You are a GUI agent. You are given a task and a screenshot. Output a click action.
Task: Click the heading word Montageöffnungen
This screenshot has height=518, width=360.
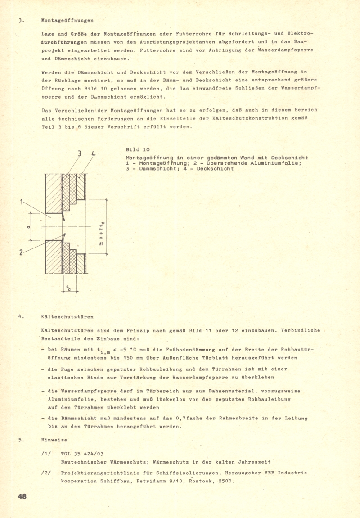[x=67, y=20]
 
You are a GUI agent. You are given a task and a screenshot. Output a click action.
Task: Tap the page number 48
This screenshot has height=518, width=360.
[x=22, y=496]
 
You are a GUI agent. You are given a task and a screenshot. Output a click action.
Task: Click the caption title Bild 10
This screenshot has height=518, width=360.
[x=138, y=149]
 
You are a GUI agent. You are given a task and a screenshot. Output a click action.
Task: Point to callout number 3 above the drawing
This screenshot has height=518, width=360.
[x=79, y=154]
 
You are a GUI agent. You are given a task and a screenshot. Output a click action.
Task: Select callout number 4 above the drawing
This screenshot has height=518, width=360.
[x=94, y=154]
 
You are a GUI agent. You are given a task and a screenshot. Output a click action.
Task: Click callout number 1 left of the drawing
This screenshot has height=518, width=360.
[x=21, y=203]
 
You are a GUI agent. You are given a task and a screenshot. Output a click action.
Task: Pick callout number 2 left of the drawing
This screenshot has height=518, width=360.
[x=21, y=252]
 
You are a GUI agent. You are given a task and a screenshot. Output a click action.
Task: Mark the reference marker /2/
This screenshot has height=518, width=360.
[x=46, y=473]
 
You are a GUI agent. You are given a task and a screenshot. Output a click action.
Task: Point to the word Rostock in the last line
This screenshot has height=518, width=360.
[x=202, y=481]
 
